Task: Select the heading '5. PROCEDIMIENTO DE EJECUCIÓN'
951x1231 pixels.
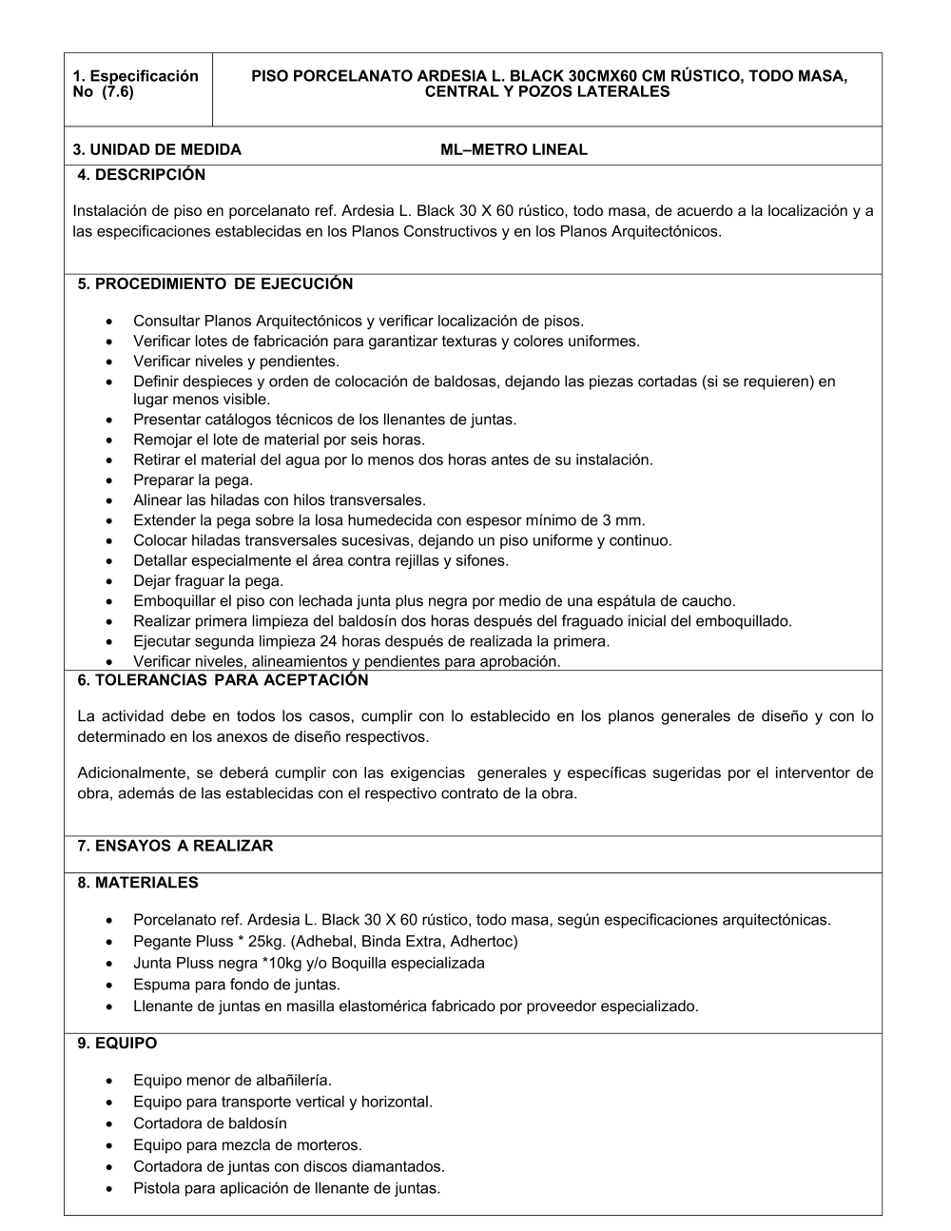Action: tap(215, 283)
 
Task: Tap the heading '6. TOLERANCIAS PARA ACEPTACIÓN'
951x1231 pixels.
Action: tap(223, 680)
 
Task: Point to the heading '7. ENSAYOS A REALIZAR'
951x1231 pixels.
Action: tap(175, 846)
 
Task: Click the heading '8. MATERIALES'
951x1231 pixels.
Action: tap(138, 883)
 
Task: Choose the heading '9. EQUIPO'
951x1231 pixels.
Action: tap(117, 1044)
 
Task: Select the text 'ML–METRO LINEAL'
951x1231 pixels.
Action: tap(514, 149)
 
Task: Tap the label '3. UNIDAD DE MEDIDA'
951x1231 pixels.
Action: tap(157, 149)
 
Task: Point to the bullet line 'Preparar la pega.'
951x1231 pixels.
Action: tap(193, 480)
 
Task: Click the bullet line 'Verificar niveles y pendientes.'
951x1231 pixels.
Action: tap(236, 361)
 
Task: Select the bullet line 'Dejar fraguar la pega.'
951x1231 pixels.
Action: tap(208, 580)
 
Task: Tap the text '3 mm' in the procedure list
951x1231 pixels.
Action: tap(623, 520)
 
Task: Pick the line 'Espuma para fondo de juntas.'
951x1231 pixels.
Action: tap(237, 985)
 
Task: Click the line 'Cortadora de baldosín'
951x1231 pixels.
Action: tap(209, 1124)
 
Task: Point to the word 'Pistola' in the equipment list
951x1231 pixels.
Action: tap(157, 1188)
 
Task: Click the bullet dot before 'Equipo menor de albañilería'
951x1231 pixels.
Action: tap(112, 1082)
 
